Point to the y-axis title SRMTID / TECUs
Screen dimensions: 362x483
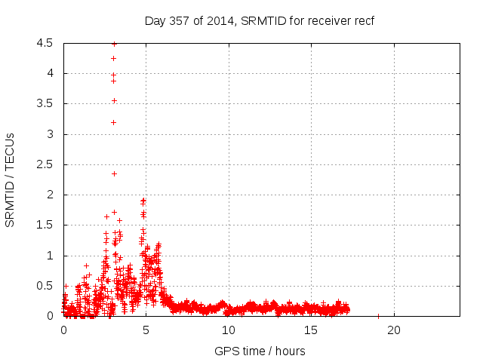11,179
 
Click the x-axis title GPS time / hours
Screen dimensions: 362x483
260,351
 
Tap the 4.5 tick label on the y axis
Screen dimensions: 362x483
45,44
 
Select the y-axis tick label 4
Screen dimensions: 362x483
49,74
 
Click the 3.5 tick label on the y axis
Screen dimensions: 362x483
45,104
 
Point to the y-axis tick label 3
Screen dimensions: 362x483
49,134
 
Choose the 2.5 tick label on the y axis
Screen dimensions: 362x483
45,164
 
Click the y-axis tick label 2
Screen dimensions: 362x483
49,195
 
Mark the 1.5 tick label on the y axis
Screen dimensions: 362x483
45,225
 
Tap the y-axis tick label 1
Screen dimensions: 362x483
49,256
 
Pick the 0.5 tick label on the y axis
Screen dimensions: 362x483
45,286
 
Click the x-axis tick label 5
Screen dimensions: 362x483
146,330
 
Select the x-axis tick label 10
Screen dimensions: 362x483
229,330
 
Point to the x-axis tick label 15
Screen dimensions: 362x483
311,330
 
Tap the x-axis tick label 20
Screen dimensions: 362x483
394,330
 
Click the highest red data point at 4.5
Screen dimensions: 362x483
114,44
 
